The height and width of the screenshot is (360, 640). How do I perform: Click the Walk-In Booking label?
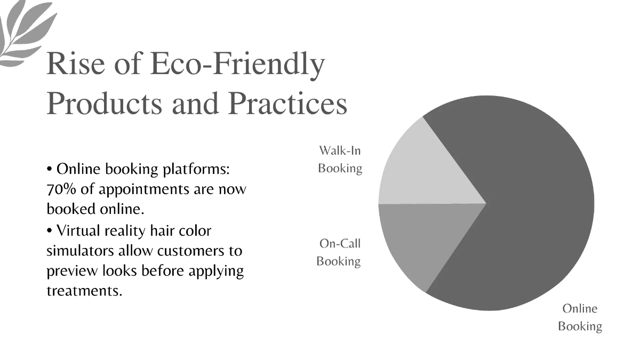click(x=340, y=159)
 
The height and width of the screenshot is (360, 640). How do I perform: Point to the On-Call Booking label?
click(x=339, y=252)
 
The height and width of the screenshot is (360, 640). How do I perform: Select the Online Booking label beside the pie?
click(x=580, y=317)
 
